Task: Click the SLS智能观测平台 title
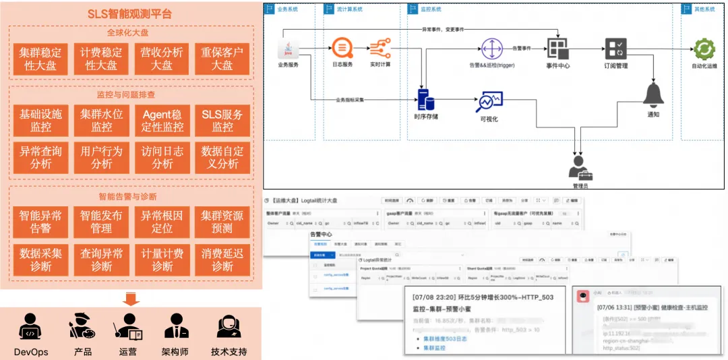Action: pyautogui.click(x=129, y=13)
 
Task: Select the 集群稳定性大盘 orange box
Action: pyautogui.click(x=40, y=59)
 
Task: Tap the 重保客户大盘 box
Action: pyautogui.click(x=222, y=59)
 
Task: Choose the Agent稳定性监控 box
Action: pyautogui.click(x=162, y=121)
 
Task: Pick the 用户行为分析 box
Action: pyautogui.click(x=101, y=157)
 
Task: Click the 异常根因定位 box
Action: pyautogui.click(x=162, y=222)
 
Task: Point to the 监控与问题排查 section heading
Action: pyautogui.click(x=131, y=94)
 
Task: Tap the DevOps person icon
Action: pyautogui.click(x=31, y=327)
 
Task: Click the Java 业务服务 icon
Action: pyautogui.click(x=289, y=49)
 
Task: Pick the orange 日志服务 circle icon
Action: pyautogui.click(x=342, y=49)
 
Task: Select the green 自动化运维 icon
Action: pyautogui.click(x=704, y=49)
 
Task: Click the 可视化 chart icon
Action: pyautogui.click(x=489, y=102)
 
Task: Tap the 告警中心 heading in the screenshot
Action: pyautogui.click(x=321, y=234)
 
